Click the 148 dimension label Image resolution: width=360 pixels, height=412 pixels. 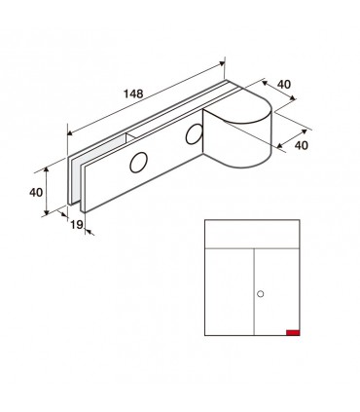(133, 94)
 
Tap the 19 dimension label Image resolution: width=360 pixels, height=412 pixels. (77, 224)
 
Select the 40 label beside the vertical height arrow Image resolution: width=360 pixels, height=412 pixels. (36, 192)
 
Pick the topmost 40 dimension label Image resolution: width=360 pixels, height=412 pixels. (284, 85)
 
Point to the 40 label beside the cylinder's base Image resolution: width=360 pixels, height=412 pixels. (302, 145)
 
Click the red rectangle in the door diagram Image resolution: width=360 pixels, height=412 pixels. (293, 332)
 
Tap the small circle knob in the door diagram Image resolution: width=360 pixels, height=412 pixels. (260, 294)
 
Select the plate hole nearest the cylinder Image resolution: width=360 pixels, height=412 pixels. (194, 133)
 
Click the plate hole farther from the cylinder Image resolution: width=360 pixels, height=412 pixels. (138, 163)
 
